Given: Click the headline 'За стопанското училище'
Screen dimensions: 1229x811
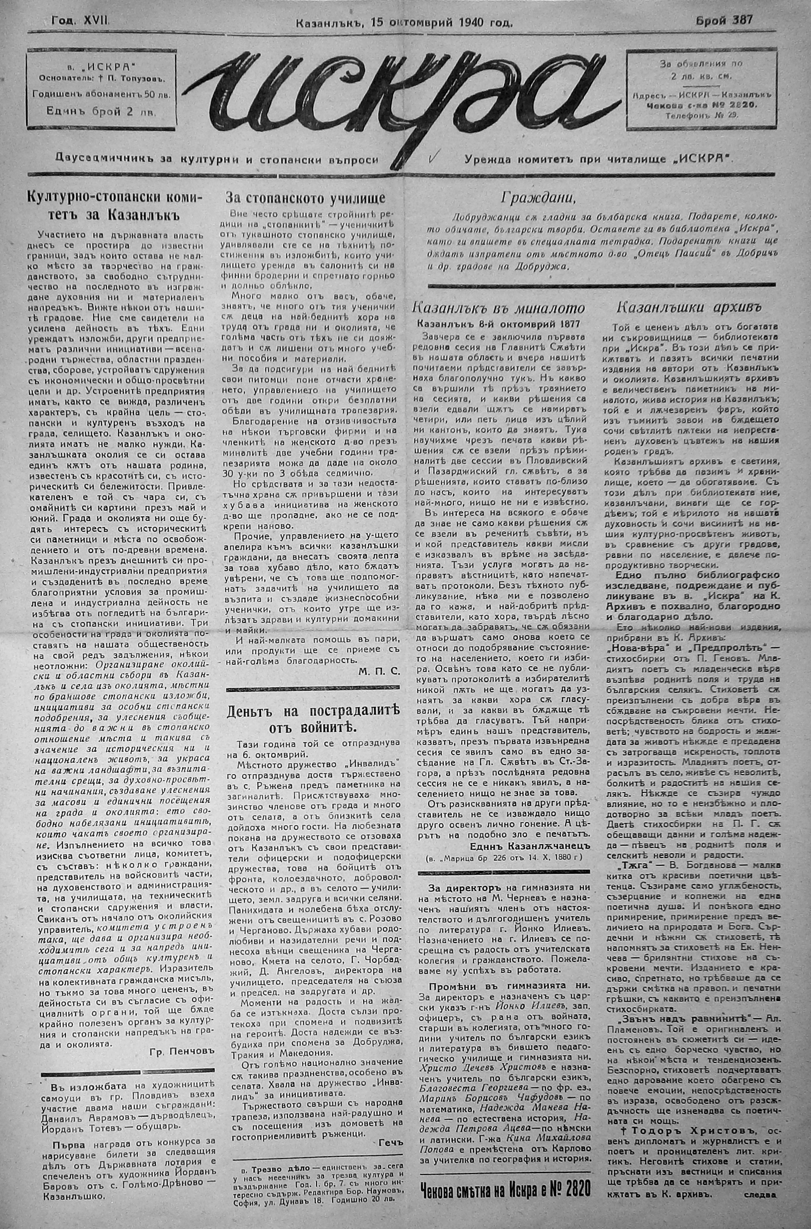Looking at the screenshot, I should [306, 198].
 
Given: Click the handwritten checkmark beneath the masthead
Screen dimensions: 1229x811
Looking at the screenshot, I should [434, 156].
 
